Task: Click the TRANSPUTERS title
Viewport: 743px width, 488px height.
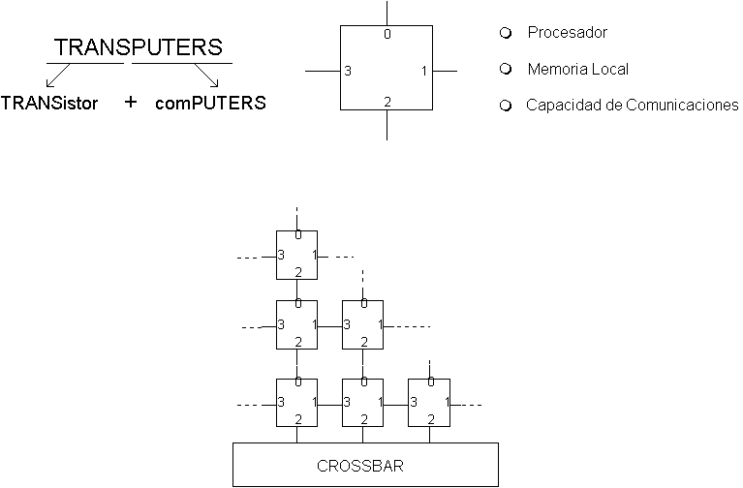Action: pos(139,47)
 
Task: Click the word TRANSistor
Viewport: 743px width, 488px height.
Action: pos(49,103)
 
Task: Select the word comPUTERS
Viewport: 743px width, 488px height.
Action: pos(210,103)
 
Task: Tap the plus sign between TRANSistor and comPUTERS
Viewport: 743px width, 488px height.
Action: pos(131,102)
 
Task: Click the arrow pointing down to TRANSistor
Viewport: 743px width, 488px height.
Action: pos(57,76)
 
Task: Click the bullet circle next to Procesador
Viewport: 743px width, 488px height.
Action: pos(505,33)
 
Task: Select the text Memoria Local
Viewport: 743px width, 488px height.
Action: pos(577,70)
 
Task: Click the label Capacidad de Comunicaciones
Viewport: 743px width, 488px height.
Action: pos(632,105)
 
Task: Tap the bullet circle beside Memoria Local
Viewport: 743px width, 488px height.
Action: pos(505,70)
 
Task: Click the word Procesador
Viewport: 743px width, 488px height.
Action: pos(567,33)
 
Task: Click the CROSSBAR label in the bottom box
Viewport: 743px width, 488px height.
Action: pos(365,465)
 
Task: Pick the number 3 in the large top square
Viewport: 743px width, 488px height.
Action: pos(348,72)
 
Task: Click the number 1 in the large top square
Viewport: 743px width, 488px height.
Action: pos(424,72)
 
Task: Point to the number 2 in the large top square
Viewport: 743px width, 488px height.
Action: pos(387,102)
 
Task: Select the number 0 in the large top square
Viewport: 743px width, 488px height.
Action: pos(387,35)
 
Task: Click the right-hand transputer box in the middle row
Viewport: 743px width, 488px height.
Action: pos(363,324)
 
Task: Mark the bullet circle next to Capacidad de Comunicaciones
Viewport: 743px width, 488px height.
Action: pos(505,106)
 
